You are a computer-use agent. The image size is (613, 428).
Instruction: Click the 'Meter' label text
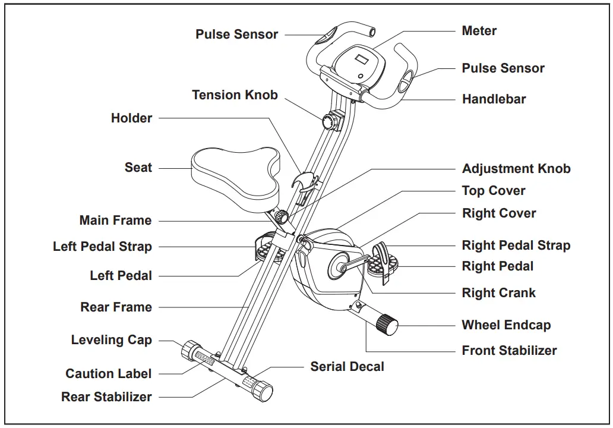click(x=479, y=31)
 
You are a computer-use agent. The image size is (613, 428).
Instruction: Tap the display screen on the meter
click(x=362, y=60)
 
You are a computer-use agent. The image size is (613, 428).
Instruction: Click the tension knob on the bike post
click(x=330, y=122)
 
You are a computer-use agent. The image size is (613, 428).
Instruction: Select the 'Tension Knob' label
click(x=235, y=95)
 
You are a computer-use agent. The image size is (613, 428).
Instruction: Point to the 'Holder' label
click(x=131, y=118)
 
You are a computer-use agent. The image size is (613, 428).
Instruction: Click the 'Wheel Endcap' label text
click(x=506, y=325)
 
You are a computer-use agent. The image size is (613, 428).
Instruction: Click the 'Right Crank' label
click(x=498, y=293)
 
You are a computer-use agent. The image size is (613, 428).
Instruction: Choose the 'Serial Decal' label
click(x=347, y=367)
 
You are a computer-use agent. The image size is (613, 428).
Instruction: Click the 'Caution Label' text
click(x=108, y=374)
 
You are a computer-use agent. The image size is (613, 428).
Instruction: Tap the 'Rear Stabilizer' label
click(x=106, y=397)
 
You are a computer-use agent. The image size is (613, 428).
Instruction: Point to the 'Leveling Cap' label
click(x=111, y=341)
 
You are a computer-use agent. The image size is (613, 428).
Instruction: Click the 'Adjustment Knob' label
click(x=516, y=169)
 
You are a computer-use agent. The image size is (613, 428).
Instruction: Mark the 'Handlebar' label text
click(x=494, y=99)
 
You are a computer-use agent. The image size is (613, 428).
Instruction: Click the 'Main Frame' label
click(x=115, y=221)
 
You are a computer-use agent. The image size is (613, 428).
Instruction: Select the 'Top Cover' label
click(x=493, y=191)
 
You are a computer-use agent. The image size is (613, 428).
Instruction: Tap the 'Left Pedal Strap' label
click(x=102, y=247)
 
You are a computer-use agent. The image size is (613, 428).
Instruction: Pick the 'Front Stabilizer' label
click(x=509, y=351)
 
